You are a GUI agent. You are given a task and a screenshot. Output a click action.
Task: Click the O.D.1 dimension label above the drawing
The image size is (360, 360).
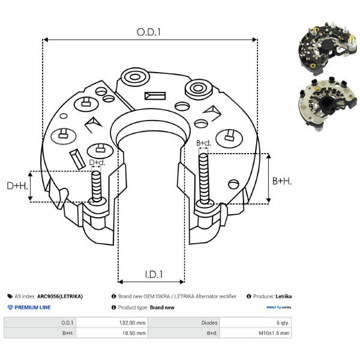[149, 32]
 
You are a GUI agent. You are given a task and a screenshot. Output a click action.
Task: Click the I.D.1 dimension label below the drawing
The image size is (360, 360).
[154, 274]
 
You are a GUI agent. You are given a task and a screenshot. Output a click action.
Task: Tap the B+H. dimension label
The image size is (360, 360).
[282, 181]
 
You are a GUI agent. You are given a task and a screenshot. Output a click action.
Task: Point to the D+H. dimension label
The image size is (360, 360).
[17, 186]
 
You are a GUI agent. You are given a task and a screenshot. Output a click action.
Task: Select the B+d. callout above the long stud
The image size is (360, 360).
[203, 143]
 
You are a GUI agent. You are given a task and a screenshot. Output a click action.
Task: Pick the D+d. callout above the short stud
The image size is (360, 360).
[97, 163]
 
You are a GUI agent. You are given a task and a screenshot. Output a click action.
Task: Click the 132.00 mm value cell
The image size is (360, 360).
[132, 323]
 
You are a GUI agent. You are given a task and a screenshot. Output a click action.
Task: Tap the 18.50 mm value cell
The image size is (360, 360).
[134, 333]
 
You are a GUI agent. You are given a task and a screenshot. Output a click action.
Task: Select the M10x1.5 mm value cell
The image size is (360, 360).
[274, 333]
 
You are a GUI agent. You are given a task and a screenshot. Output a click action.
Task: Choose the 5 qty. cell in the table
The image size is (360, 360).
[283, 323]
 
